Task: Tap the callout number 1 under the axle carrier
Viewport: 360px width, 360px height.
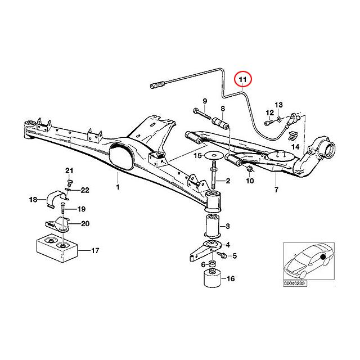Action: (x=118, y=186)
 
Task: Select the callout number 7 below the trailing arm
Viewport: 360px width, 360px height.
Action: (x=276, y=191)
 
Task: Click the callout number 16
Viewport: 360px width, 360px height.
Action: (x=231, y=278)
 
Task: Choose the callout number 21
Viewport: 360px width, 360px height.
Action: (x=69, y=170)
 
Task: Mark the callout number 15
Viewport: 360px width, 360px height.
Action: (x=197, y=156)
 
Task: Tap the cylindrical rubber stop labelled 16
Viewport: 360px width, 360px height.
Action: (x=211, y=282)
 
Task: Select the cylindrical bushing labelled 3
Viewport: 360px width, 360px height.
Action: (x=212, y=227)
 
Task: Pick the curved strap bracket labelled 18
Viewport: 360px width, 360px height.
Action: (x=54, y=199)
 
